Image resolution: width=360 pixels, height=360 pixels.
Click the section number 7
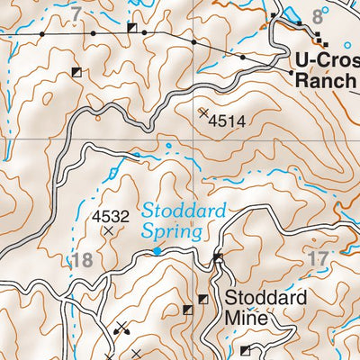click(x=76, y=13)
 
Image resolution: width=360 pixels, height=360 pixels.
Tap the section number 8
click(x=317, y=16)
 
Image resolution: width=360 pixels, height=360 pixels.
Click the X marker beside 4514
click(x=203, y=112)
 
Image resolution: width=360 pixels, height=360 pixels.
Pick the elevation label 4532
click(x=110, y=216)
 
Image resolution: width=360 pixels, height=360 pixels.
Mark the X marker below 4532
click(x=109, y=231)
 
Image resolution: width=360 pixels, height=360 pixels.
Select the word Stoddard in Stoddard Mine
click(x=265, y=297)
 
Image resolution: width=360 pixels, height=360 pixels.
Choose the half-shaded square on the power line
click(x=132, y=28)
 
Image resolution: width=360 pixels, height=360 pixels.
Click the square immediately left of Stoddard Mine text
click(x=203, y=299)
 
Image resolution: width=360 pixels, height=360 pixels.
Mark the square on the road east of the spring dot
click(x=218, y=259)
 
